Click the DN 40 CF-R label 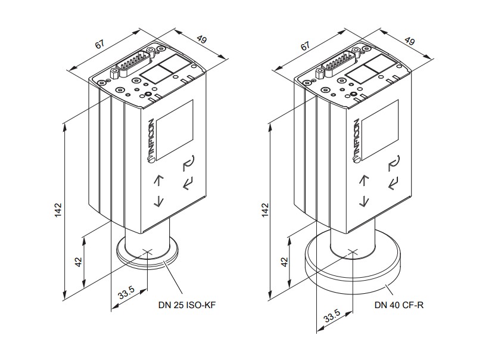[x=399, y=305]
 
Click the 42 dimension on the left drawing [x=79, y=262]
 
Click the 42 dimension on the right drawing [x=285, y=262]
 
